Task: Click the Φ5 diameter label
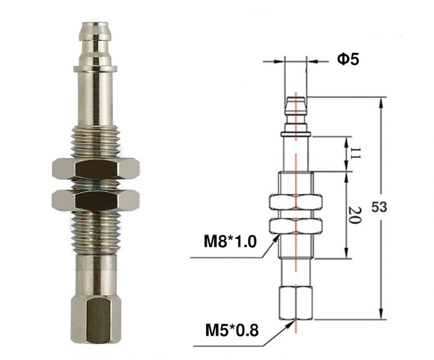348,59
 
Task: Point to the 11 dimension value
355,153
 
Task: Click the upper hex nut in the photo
95,168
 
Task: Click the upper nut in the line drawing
296,202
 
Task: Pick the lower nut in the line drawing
296,226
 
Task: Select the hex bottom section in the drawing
296,303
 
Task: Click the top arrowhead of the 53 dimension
381,101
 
